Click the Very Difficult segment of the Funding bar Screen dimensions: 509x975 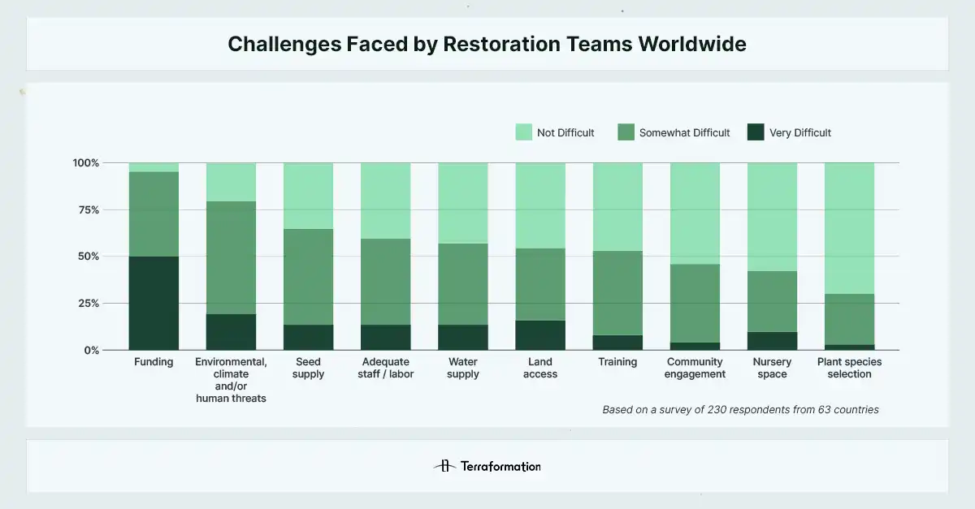pos(154,303)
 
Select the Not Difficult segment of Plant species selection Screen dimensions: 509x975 pos(849,228)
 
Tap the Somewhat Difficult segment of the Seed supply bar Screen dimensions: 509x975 pos(308,277)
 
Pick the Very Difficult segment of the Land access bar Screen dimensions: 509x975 pos(540,335)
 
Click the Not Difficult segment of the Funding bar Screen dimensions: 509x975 pos(154,167)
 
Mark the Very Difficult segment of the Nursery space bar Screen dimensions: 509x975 pos(772,341)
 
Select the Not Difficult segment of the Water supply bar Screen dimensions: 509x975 pos(463,203)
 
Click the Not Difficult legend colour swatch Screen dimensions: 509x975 pos(524,132)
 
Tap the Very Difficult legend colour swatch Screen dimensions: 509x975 pos(756,132)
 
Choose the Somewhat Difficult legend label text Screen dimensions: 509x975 pos(684,132)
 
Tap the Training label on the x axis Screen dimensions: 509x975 pos(617,362)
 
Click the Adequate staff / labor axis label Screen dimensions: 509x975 pos(385,368)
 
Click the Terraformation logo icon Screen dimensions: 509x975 pos(444,466)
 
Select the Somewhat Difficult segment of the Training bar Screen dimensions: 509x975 pos(617,293)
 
